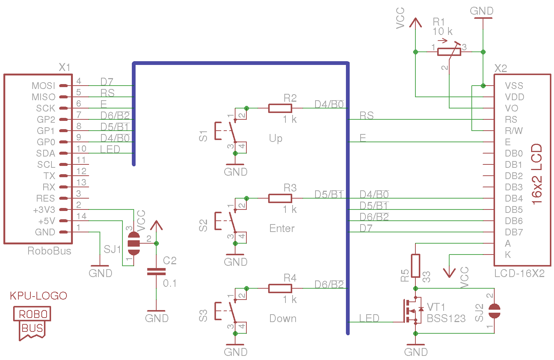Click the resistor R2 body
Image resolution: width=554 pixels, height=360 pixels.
point(280,108)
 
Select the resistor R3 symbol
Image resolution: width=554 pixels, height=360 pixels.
point(280,198)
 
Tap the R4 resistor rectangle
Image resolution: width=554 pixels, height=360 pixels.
point(280,288)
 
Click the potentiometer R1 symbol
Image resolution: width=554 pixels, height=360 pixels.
point(449,52)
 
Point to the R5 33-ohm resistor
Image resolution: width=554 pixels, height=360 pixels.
point(415,266)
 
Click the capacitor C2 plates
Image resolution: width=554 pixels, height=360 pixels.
point(156,271)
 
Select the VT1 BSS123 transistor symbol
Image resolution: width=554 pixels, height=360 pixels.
point(412,311)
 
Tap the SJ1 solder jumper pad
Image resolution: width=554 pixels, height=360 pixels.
point(134,243)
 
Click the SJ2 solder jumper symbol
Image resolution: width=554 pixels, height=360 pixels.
point(494,311)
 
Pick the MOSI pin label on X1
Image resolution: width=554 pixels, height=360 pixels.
point(43,86)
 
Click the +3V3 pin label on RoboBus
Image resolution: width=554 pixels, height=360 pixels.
point(44,210)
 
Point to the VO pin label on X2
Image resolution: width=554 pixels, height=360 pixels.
point(511,108)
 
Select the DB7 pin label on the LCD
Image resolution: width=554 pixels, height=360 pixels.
point(513,232)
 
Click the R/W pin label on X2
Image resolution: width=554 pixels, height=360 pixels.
point(513,131)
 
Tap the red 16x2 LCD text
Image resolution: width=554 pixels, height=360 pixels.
point(537,173)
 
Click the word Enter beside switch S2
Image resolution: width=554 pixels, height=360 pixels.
point(282,228)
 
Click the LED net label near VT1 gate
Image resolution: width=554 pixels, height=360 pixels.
point(369,318)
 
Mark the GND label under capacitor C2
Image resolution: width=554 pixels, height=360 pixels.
point(157,318)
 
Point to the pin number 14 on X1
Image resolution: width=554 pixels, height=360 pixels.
point(82,216)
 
